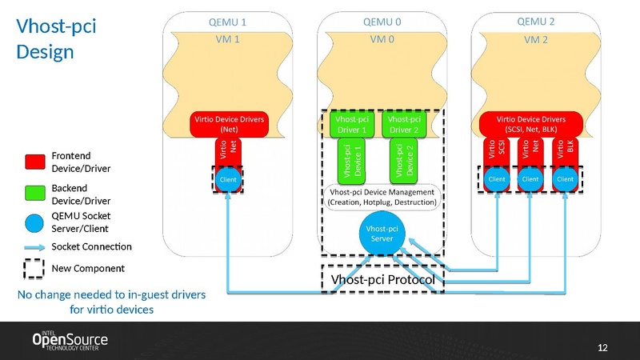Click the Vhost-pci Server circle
[381, 234]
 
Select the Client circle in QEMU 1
[229, 179]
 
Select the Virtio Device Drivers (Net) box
[228, 124]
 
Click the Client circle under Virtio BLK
[566, 179]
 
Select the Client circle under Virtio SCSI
[497, 179]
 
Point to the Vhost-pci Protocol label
[382, 280]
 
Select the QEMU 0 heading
[382, 22]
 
